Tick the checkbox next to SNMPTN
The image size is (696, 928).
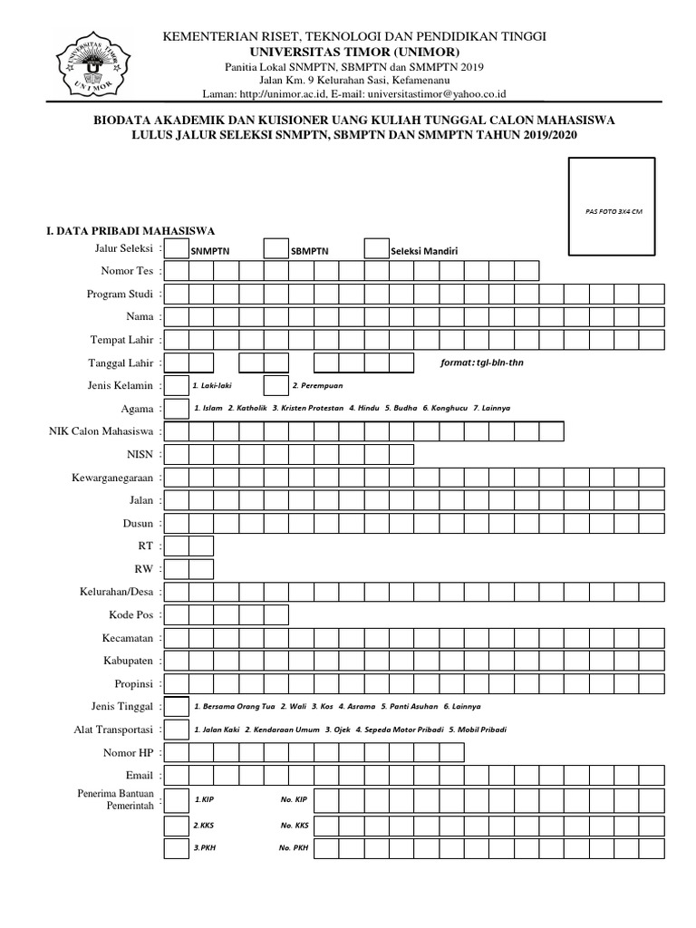tap(176, 248)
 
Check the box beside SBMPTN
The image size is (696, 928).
tap(275, 248)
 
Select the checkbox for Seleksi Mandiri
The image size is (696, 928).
tap(376, 248)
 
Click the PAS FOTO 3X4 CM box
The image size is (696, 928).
tap(611, 206)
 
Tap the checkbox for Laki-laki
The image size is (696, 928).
tap(176, 385)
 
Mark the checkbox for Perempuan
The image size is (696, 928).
tap(275, 385)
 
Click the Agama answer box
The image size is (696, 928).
tap(176, 408)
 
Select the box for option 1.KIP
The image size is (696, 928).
tap(176, 800)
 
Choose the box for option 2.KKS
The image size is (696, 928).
tap(176, 825)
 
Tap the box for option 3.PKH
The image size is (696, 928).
tap(176, 848)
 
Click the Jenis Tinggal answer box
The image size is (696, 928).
tap(176, 706)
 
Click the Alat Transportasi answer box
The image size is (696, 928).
tap(176, 730)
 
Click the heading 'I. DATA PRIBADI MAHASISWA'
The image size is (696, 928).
tap(130, 230)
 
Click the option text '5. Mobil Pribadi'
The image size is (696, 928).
tap(477, 730)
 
